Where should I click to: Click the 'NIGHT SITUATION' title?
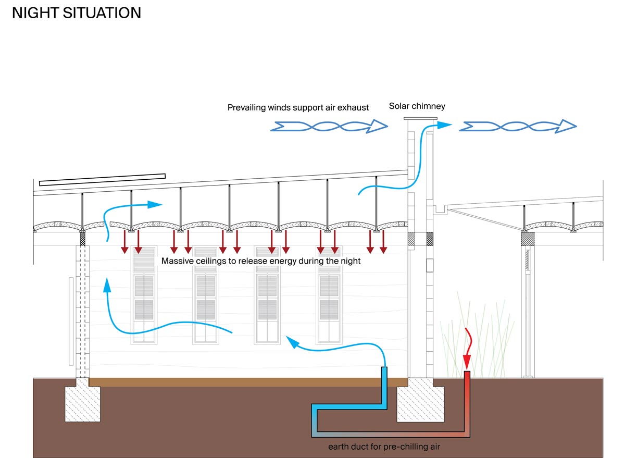(x=77, y=13)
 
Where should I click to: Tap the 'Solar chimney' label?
(x=417, y=106)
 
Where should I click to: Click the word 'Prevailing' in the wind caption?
(x=246, y=108)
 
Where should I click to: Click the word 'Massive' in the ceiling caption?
(x=177, y=261)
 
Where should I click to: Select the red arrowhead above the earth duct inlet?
(x=467, y=360)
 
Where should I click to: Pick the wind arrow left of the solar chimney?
(x=330, y=126)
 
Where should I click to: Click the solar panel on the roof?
(x=102, y=179)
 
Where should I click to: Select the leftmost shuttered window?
(x=144, y=295)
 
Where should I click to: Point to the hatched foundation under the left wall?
(x=82, y=403)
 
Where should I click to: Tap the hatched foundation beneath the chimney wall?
(x=421, y=403)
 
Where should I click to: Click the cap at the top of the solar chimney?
(x=419, y=120)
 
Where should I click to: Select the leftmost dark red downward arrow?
(x=124, y=243)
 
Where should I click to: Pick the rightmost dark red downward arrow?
(x=383, y=243)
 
